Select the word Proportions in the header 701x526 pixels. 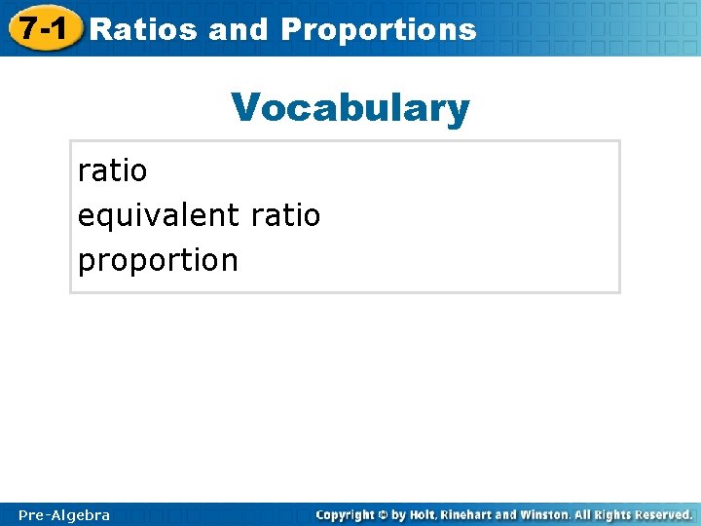point(379,29)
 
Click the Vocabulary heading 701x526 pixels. point(350,108)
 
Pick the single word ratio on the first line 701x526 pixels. point(113,170)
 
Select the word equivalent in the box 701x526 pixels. point(160,215)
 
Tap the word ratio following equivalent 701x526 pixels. point(285,215)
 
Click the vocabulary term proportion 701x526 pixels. point(158,260)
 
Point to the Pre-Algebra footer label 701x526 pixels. point(64,514)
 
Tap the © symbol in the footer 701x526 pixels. point(383,514)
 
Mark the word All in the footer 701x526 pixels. point(586,514)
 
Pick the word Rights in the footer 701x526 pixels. point(618,514)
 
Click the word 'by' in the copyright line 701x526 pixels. point(398,514)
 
